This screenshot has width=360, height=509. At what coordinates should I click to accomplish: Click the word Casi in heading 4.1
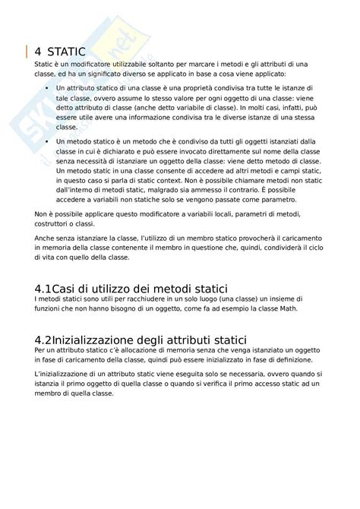point(73,289)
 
